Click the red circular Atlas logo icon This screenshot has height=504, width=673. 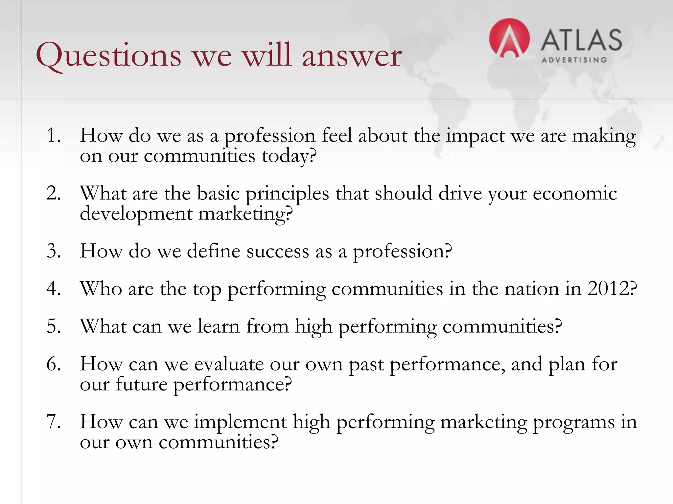pyautogui.click(x=509, y=39)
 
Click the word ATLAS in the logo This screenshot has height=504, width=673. pyautogui.click(x=581, y=40)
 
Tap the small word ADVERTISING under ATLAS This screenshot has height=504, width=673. pyautogui.click(x=574, y=60)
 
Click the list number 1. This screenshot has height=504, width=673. pyautogui.click(x=53, y=135)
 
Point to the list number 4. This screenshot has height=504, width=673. pyautogui.click(x=54, y=289)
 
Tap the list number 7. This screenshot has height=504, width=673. pyautogui.click(x=54, y=422)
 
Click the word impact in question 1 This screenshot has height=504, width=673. pyautogui.click(x=475, y=136)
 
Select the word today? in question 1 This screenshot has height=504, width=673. pyautogui.click(x=289, y=156)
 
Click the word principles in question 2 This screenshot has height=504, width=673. pyautogui.click(x=287, y=194)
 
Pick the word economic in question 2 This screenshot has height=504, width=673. pyautogui.click(x=575, y=193)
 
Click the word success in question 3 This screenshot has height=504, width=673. pyautogui.click(x=278, y=251)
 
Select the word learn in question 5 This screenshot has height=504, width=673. pyautogui.click(x=219, y=326)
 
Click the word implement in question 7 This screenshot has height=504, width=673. pyautogui.click(x=240, y=422)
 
